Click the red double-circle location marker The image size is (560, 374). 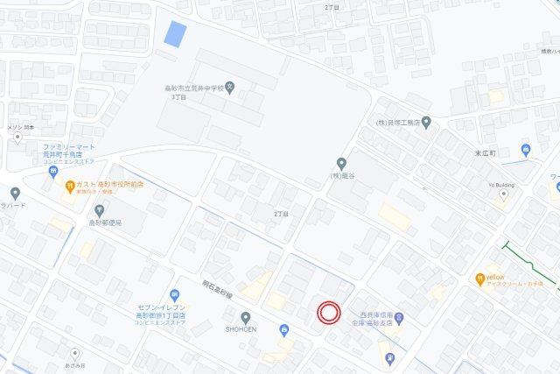coord(329,313)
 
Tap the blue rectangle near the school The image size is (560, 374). coord(175,34)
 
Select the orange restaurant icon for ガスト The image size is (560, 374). coord(69,185)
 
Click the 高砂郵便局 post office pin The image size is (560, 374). coord(99,210)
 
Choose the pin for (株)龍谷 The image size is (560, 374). coord(341,163)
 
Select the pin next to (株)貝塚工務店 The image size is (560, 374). coord(426,123)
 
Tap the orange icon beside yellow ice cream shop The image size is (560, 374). coord(479,279)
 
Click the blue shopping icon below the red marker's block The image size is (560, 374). coord(283,330)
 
